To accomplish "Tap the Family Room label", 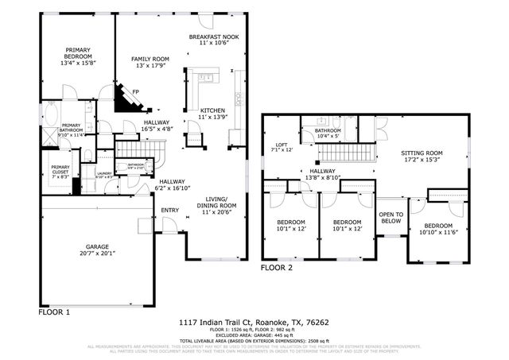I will point(150,59).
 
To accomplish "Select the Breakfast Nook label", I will point(214,37).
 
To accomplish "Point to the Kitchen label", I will point(212,110).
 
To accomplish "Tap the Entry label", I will point(170,211).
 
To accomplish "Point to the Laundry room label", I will point(104,172).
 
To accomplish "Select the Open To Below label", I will point(390,218).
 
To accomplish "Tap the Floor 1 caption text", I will point(55,313).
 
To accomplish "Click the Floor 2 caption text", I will point(278,268).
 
